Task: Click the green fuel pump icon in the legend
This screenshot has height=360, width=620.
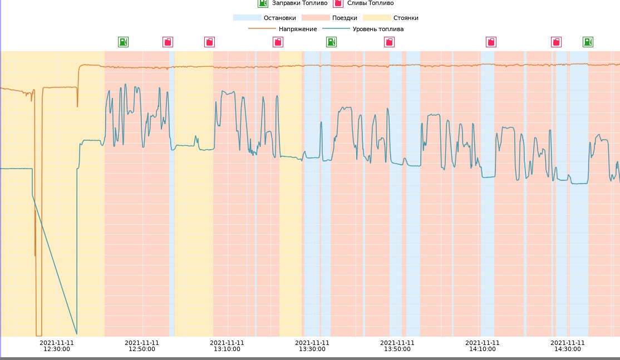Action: click(263, 3)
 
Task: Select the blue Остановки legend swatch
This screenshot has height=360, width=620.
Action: click(247, 18)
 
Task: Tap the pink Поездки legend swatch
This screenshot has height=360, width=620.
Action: click(315, 18)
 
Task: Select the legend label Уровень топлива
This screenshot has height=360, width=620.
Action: click(378, 29)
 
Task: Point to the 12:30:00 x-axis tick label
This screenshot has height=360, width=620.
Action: click(57, 346)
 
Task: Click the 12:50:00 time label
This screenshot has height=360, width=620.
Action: click(142, 346)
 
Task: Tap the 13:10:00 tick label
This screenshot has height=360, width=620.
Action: click(227, 346)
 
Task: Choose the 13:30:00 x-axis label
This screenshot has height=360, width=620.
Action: click(312, 346)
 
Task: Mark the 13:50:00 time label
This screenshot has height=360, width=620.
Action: click(397, 346)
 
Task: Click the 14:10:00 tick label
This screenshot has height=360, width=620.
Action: click(483, 346)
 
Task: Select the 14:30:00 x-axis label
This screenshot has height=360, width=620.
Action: click(568, 346)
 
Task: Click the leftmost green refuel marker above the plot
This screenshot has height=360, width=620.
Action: click(123, 42)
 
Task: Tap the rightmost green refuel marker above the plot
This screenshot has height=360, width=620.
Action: click(588, 42)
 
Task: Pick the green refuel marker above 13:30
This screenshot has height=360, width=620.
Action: click(331, 42)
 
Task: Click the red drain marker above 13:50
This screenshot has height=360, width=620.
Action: click(390, 42)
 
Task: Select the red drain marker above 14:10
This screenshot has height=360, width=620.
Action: click(491, 42)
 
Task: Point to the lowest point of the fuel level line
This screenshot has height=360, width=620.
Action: click(76, 334)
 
